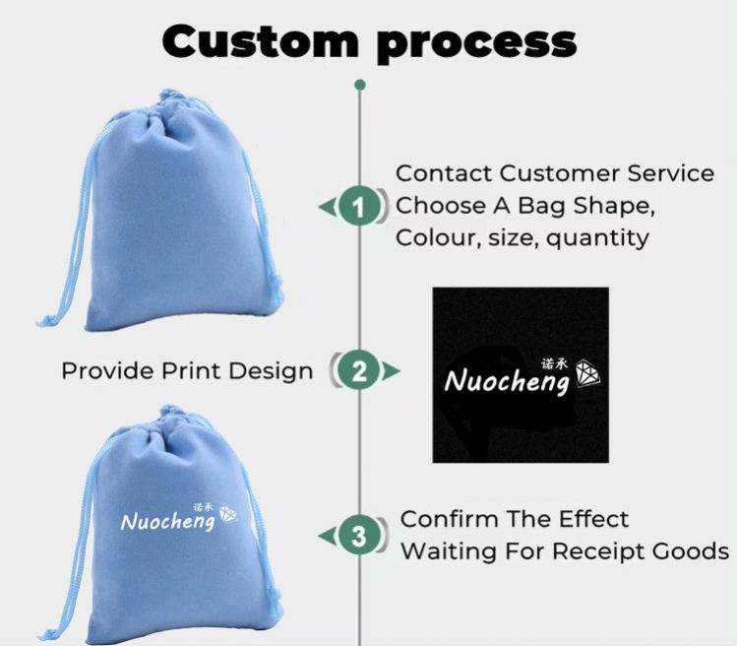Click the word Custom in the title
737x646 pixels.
260,41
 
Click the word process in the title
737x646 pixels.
476,44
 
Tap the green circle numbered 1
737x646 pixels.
359,207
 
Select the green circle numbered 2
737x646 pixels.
359,371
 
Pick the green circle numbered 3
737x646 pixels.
359,536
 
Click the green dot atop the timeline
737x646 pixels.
360,85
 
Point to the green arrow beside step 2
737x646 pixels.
391,371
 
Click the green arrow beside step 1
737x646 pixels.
328,207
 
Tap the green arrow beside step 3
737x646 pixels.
328,536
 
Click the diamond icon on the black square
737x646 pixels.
588,374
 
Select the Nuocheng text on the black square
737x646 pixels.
508,381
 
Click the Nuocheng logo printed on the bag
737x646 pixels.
179,518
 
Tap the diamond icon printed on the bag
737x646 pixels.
228,514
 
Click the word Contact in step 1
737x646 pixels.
444,173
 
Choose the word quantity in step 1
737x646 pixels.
597,238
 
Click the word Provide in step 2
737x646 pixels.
107,370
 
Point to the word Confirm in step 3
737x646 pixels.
450,519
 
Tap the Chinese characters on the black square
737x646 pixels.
555,363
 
